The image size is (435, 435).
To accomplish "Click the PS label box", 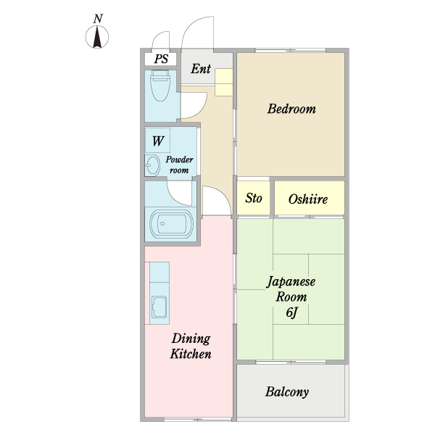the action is coord(161,59).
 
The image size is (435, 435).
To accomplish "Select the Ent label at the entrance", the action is coord(201,70).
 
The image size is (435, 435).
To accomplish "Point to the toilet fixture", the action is coord(159,87).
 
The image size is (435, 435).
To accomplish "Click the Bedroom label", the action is coord(291,109).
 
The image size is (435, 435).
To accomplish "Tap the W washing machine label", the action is coord(157,140).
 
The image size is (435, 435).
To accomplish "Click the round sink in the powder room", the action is coord(152,166).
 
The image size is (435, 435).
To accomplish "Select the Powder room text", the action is coord(178,165).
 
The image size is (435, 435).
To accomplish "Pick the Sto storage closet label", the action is coord(253,199).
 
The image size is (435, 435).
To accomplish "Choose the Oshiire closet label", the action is coord(308,199).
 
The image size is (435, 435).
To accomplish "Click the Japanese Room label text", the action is coord(291,289).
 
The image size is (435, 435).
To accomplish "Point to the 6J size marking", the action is coord(291,312).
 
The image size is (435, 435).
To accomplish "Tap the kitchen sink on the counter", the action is coord(159,308).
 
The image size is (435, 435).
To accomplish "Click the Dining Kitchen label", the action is coord(191,347).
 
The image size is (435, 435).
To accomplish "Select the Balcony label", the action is coord(287,392).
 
